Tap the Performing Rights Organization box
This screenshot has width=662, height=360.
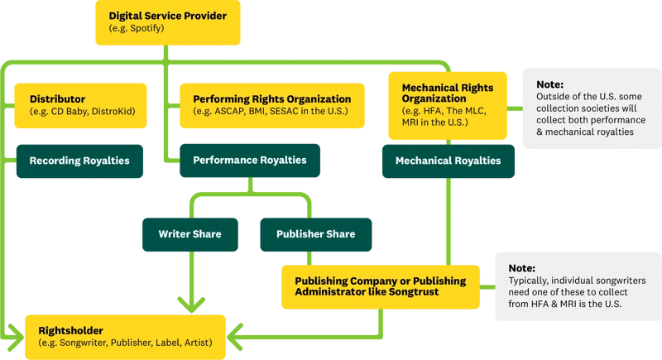(x=271, y=105)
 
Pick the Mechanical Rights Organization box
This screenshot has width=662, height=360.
(x=447, y=104)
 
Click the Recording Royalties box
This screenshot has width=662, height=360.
(x=79, y=161)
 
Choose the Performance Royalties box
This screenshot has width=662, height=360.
(x=249, y=160)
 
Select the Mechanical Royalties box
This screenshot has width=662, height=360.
(x=448, y=161)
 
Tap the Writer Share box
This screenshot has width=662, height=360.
(x=189, y=234)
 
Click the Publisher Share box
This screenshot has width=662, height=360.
(x=315, y=234)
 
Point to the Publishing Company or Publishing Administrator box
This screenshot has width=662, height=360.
(x=380, y=286)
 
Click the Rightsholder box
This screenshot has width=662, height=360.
(x=125, y=336)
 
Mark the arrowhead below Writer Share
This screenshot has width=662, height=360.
(x=191, y=304)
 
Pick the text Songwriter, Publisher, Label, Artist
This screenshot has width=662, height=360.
(x=132, y=343)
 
